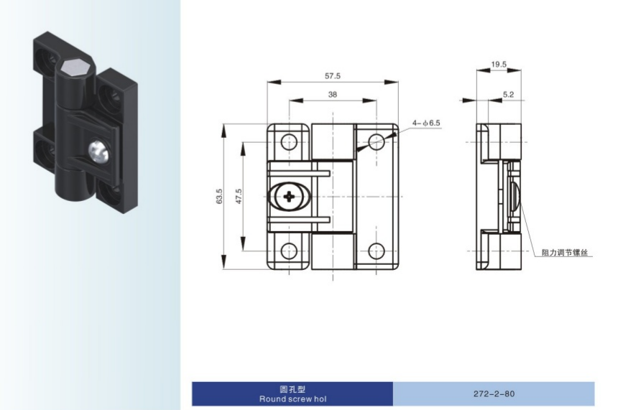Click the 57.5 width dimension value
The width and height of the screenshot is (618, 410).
pos(332,75)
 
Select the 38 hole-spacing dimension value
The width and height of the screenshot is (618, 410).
pos(332,95)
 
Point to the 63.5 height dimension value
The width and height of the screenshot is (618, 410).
pos(219,196)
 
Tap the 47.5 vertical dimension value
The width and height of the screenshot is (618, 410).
pos(239,196)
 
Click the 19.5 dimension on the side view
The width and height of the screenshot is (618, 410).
pos(499,64)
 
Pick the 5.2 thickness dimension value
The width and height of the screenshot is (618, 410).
pos(508,95)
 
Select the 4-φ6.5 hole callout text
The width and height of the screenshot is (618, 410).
pos(426,123)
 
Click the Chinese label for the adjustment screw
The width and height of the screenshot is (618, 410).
pos(564,253)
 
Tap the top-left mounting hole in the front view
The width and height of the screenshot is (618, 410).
pos(289,141)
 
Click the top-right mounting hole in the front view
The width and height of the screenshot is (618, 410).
pos(377,141)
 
